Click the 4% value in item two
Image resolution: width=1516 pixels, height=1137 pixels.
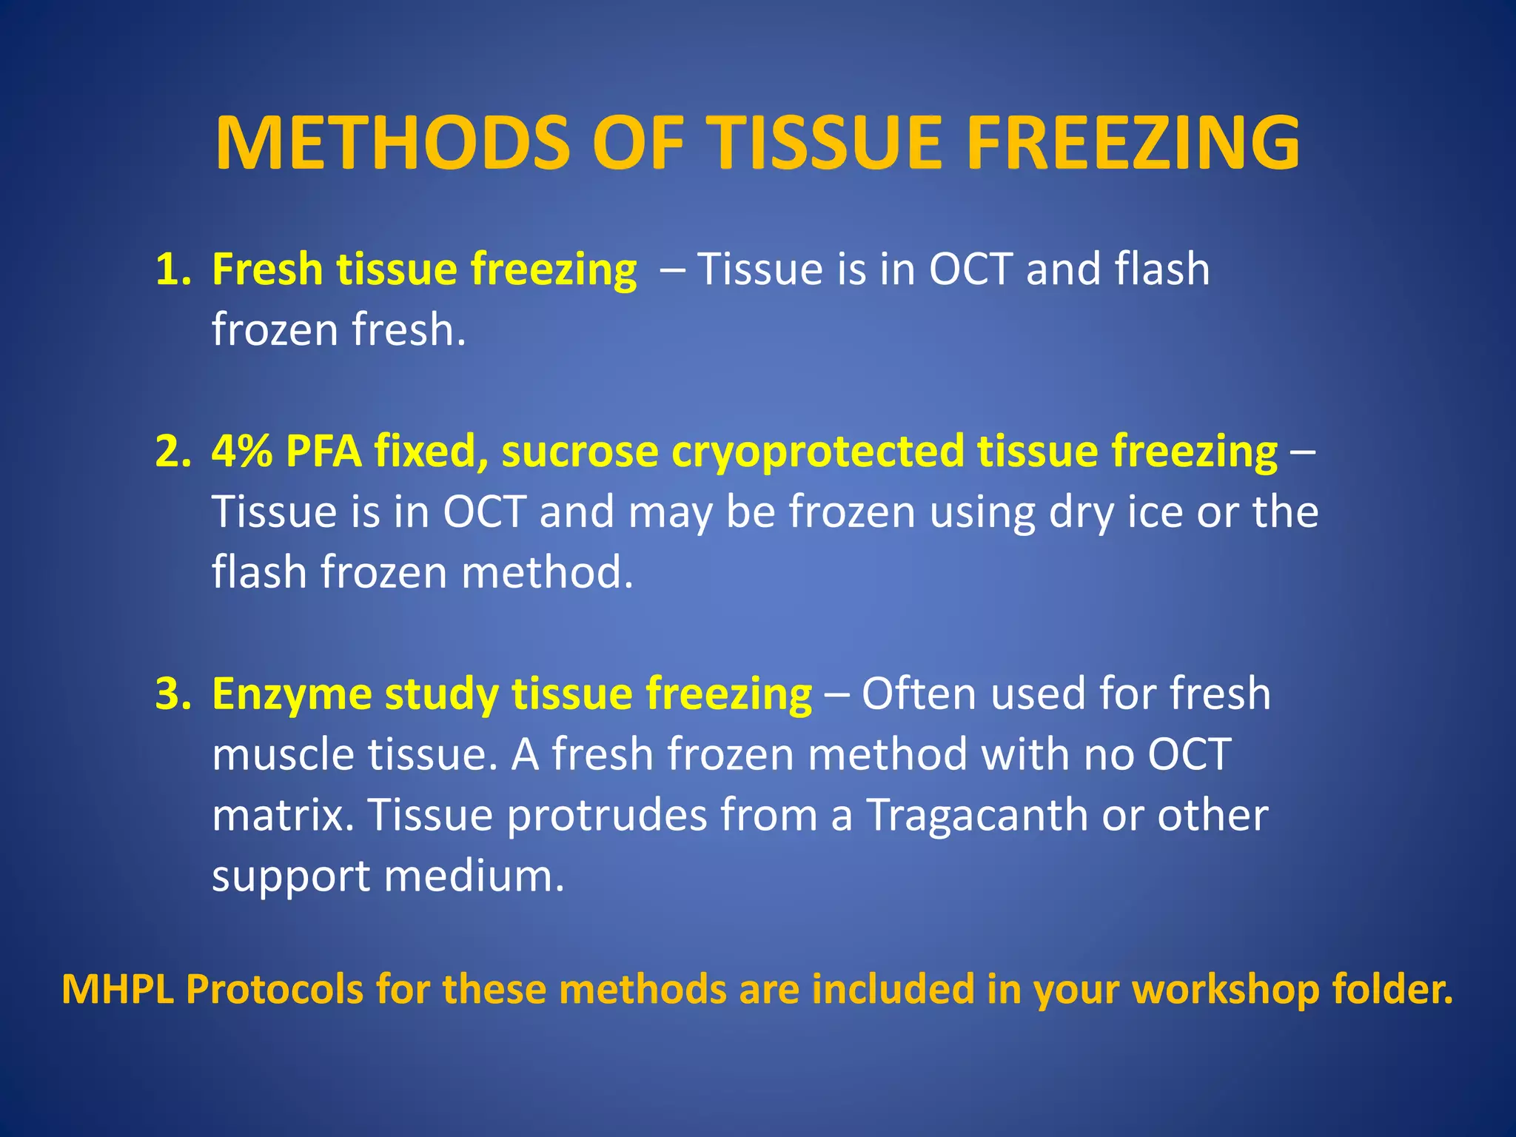pos(242,451)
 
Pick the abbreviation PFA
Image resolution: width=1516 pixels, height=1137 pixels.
pos(323,451)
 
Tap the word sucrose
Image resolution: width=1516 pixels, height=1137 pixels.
pos(580,451)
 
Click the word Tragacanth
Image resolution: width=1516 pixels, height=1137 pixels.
pos(976,815)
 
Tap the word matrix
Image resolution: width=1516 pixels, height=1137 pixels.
pos(282,815)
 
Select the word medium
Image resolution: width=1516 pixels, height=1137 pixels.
pos(474,876)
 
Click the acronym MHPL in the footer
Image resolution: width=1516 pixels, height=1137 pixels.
pos(118,990)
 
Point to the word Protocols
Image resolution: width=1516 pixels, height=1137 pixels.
pos(275,990)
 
